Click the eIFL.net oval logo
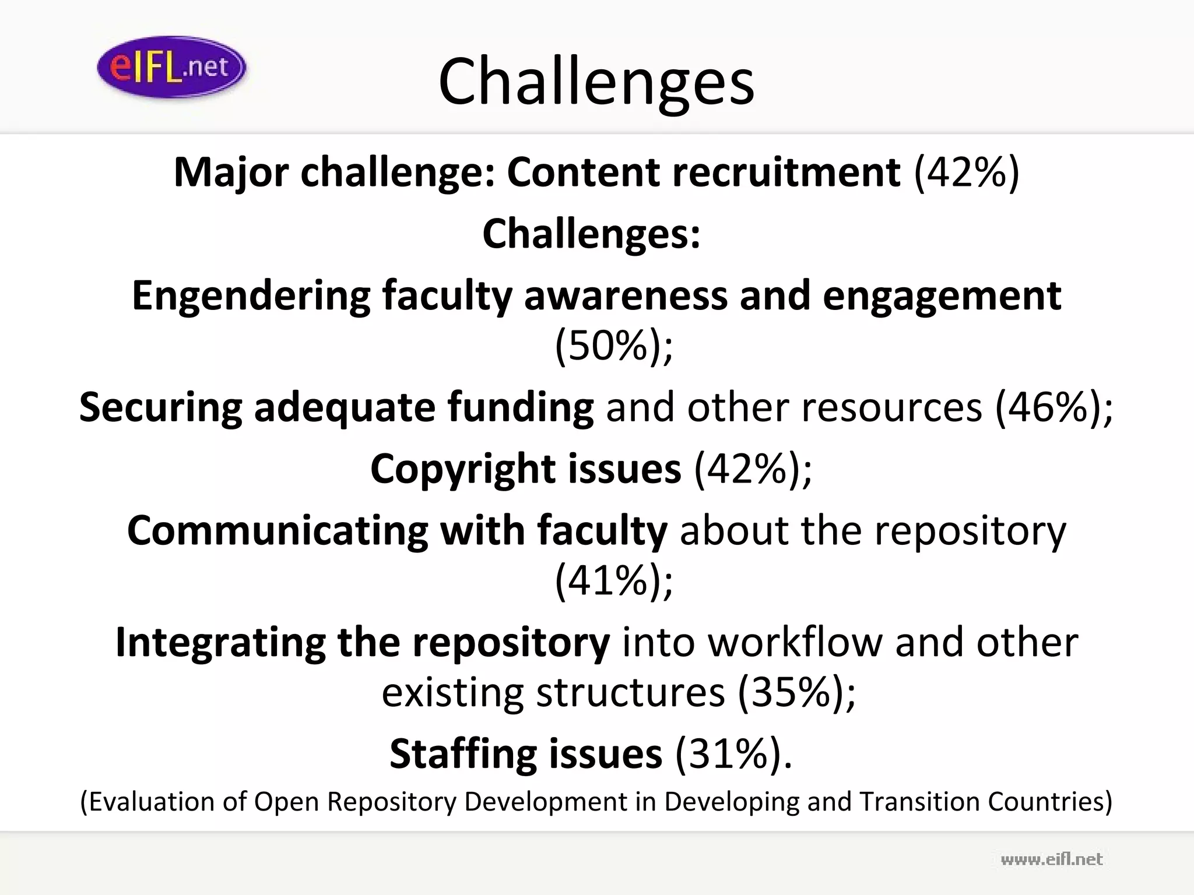click(171, 68)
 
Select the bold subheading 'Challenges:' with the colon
click(591, 234)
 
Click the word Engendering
click(251, 295)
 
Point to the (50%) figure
click(613, 346)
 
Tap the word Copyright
click(461, 469)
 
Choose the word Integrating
click(220, 643)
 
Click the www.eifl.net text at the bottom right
click(1051, 859)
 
